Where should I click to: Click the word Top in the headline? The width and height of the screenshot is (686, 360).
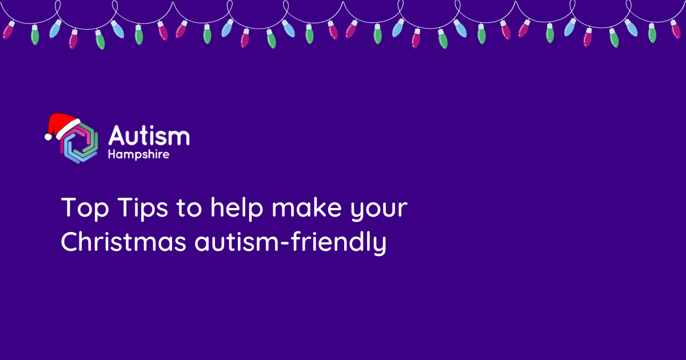tap(85, 208)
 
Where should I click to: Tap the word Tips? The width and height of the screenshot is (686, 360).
tap(143, 208)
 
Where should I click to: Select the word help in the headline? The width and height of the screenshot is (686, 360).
tap(237, 207)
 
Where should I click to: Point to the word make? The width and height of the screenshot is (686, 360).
tap(306, 207)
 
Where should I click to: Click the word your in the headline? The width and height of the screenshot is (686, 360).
tap(379, 211)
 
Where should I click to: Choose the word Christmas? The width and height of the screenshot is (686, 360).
tap(123, 242)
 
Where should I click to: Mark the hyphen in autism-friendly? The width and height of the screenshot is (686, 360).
tap(285, 243)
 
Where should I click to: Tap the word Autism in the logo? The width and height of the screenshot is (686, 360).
tap(149, 135)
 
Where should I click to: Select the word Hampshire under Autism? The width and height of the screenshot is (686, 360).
tap(139, 154)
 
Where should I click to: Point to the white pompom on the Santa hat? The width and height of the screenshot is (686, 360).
tap(48, 137)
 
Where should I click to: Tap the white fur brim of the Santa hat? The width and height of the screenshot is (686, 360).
tap(68, 129)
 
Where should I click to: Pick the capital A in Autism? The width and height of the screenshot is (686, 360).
tap(117, 135)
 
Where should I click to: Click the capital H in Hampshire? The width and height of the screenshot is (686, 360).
tap(112, 154)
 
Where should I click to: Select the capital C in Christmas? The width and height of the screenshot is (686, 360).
tap(71, 242)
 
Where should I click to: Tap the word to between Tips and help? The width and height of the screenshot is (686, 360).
tap(189, 209)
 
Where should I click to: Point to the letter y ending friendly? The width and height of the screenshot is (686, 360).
tap(380, 245)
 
